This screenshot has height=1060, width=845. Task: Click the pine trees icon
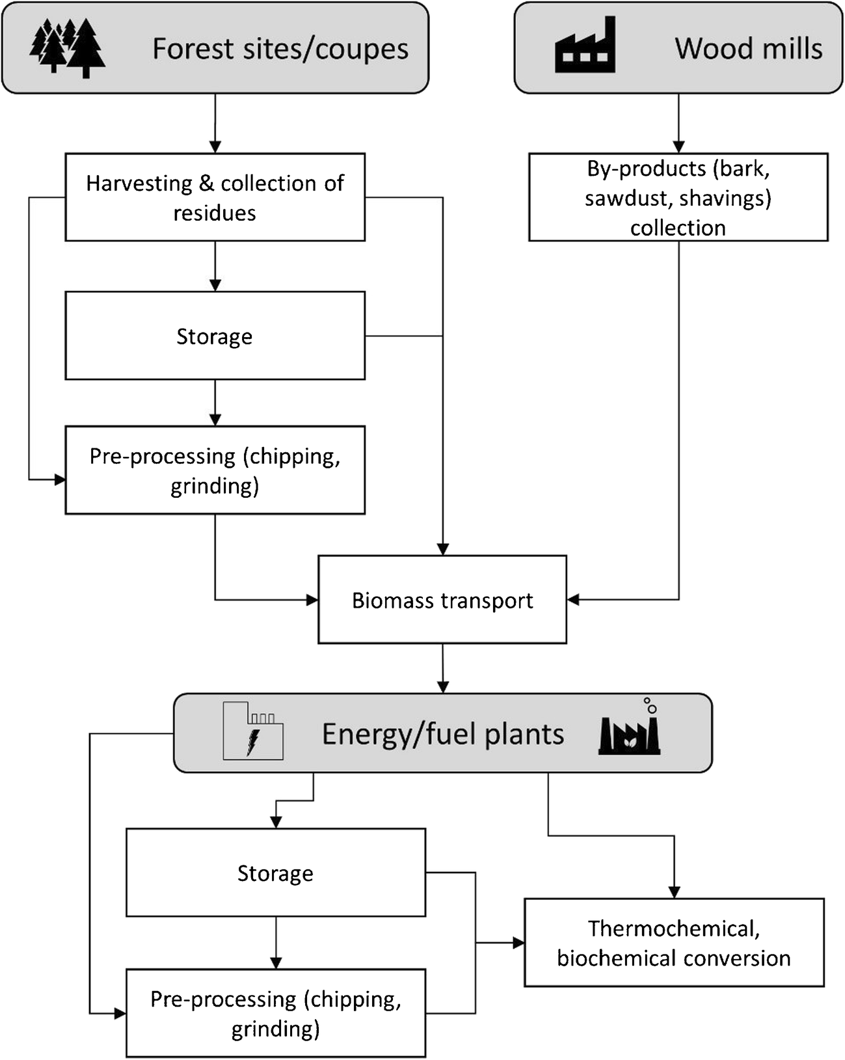point(68,48)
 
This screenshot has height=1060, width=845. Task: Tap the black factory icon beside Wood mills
point(585,46)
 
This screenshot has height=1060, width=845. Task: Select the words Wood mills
point(748,49)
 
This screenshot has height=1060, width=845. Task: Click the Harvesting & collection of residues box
point(215,197)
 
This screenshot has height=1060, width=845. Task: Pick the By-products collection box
point(678,197)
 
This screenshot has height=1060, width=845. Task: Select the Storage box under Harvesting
point(215,336)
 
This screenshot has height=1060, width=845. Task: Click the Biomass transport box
point(442,600)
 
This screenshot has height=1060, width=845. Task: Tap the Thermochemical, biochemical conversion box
point(674,943)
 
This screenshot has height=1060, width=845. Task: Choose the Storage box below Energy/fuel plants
point(275,873)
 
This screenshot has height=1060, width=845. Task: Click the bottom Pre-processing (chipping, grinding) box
point(275,1013)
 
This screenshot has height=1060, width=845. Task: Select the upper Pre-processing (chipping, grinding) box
point(215,470)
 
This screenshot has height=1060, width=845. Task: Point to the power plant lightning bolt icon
point(253,731)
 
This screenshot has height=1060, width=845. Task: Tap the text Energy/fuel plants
point(442,734)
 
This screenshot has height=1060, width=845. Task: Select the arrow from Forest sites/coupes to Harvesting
point(215,124)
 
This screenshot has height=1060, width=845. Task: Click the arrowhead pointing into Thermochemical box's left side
point(518,943)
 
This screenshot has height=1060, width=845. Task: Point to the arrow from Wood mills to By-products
point(678,124)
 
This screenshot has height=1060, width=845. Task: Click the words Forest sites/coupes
point(280,49)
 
